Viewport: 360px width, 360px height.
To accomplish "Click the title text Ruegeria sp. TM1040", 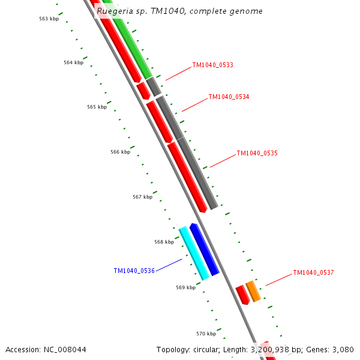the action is point(179,11).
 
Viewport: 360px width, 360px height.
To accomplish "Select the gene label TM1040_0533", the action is point(212,65).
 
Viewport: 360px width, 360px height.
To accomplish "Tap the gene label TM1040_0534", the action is point(229,97).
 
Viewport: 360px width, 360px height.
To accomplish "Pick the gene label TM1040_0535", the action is point(257,153).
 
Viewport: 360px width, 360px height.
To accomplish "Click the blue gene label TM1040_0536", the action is point(134,271).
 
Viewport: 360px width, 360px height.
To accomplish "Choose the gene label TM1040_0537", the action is point(313,272).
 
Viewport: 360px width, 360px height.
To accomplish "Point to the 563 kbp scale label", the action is point(49,19).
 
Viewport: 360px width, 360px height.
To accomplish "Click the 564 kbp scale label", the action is point(73,62).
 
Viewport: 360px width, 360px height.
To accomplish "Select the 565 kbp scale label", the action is point(97,107).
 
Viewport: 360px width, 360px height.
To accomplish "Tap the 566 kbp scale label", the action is point(120,152).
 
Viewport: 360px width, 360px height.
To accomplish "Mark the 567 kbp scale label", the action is point(142,197).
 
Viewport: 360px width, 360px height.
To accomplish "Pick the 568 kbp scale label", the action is point(164,242).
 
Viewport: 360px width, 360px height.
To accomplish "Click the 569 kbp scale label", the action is point(185,287).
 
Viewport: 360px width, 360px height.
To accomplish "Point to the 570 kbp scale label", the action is point(206,334).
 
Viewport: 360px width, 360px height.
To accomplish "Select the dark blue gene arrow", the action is point(205,250).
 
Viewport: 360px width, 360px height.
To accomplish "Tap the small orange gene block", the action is point(253,291).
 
